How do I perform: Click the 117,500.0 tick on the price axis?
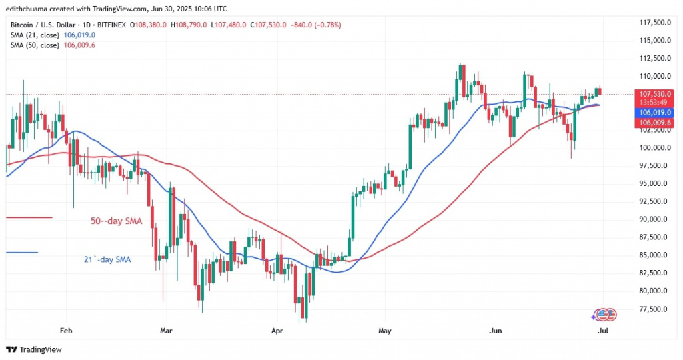(x=654, y=23)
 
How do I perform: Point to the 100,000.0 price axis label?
(x=654, y=148)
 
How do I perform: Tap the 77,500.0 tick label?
(x=654, y=309)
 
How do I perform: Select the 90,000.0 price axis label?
(x=654, y=219)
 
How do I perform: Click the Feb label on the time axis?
(x=65, y=329)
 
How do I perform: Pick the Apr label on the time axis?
(x=275, y=329)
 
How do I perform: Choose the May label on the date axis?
(x=384, y=329)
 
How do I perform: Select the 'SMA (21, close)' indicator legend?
(x=33, y=35)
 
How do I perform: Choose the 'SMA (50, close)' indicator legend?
(x=33, y=45)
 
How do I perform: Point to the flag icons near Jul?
(x=604, y=314)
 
